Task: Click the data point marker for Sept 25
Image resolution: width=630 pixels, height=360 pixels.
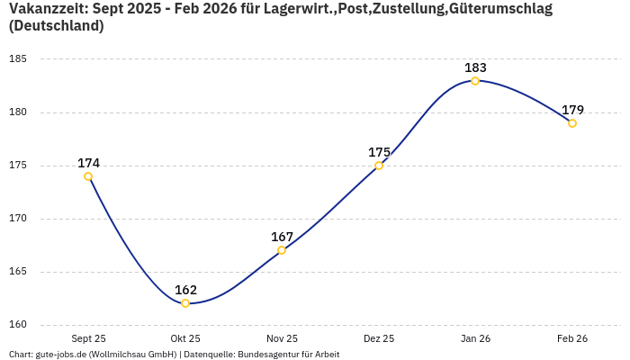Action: click(88, 176)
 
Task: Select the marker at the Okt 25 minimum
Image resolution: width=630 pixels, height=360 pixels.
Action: click(185, 303)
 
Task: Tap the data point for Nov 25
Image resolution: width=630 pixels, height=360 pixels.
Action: click(282, 250)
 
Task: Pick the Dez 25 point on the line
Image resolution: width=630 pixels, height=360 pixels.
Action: click(379, 166)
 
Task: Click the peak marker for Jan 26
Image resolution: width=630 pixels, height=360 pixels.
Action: click(475, 81)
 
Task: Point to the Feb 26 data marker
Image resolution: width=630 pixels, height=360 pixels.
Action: click(572, 123)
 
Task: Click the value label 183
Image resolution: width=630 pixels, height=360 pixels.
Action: click(475, 67)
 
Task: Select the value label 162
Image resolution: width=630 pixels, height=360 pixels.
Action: click(185, 290)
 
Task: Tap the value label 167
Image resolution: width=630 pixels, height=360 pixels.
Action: click(282, 237)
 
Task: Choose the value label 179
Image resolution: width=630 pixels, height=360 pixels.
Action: click(572, 110)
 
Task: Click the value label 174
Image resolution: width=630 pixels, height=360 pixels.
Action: click(88, 163)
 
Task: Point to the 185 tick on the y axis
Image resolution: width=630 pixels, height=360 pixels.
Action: click(18, 59)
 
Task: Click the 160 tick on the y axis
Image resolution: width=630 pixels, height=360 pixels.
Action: click(18, 325)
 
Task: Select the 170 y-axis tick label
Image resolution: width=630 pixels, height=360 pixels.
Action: click(18, 219)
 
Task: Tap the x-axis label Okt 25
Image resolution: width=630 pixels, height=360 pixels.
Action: click(185, 338)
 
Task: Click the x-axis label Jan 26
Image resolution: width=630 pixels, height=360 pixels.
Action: click(475, 338)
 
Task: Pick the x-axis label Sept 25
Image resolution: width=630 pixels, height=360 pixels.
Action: click(88, 338)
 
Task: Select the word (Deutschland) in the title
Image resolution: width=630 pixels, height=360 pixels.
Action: click(56, 26)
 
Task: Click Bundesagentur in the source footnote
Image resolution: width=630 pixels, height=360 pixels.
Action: click(267, 355)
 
